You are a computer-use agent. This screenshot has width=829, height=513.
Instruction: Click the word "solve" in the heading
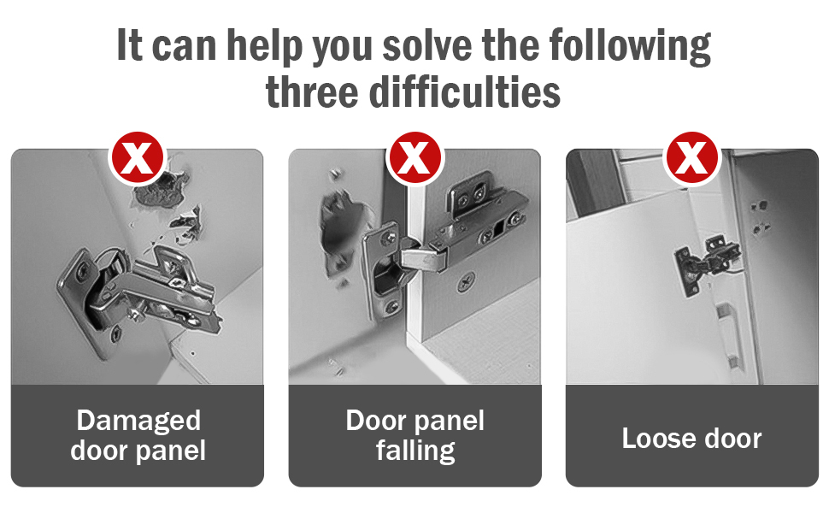[x=427, y=45]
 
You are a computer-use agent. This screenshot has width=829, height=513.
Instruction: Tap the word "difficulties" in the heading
[x=464, y=91]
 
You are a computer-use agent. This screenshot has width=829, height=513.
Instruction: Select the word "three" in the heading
[x=312, y=91]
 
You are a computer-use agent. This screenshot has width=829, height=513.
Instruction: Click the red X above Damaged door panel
[x=138, y=157]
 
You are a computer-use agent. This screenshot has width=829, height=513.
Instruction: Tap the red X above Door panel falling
[x=414, y=157]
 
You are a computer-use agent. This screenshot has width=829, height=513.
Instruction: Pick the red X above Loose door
[x=691, y=157]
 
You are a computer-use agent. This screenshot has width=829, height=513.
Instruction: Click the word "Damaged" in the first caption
[x=138, y=422]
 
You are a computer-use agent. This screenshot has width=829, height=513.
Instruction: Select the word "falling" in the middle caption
[x=415, y=451]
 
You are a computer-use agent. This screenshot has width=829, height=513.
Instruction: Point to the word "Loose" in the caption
[x=657, y=439]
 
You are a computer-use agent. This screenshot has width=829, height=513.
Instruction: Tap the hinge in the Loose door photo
[x=707, y=264]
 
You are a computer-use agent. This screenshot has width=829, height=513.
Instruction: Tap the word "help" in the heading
[x=264, y=46]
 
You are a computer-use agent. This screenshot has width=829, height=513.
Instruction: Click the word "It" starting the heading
[x=130, y=44]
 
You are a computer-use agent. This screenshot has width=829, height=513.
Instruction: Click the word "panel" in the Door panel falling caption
[x=450, y=422]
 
